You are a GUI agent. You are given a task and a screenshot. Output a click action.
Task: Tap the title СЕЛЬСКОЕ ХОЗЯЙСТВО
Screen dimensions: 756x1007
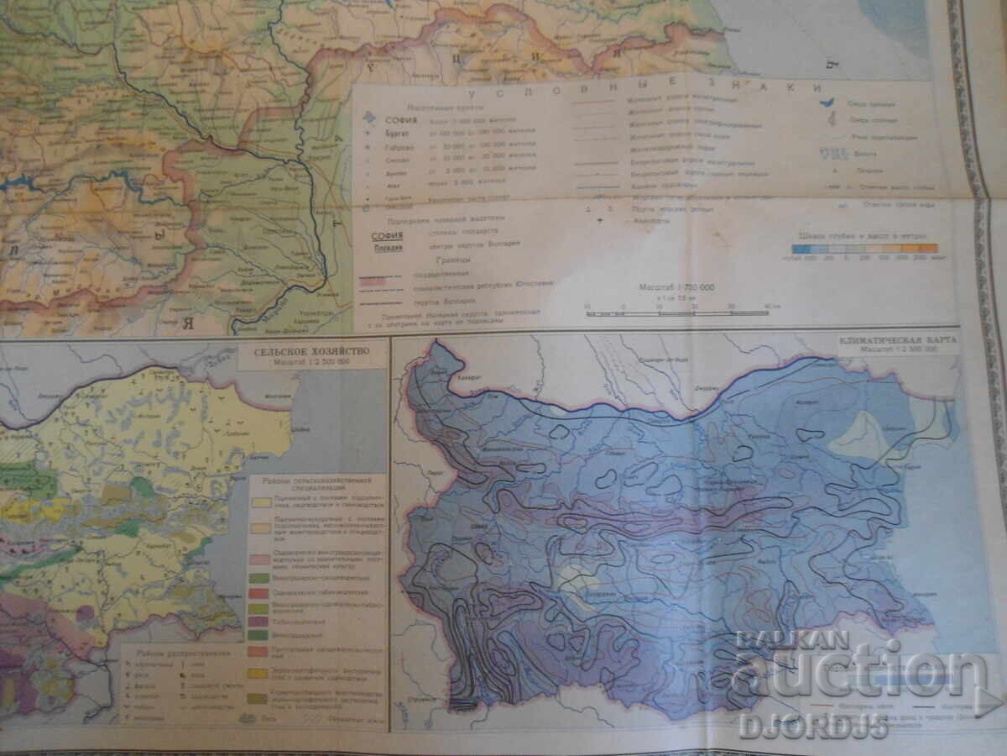pyautogui.click(x=313, y=354)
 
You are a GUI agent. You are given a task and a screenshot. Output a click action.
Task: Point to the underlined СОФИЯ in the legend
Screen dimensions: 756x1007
pyautogui.click(x=389, y=236)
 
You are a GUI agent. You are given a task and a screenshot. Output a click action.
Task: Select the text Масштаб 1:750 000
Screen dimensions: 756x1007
pyautogui.click(x=667, y=288)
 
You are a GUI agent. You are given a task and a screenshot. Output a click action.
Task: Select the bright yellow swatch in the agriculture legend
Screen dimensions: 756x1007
pyautogui.click(x=258, y=673)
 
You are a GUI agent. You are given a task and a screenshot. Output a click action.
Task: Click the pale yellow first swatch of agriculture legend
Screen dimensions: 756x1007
pyautogui.click(x=258, y=502)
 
